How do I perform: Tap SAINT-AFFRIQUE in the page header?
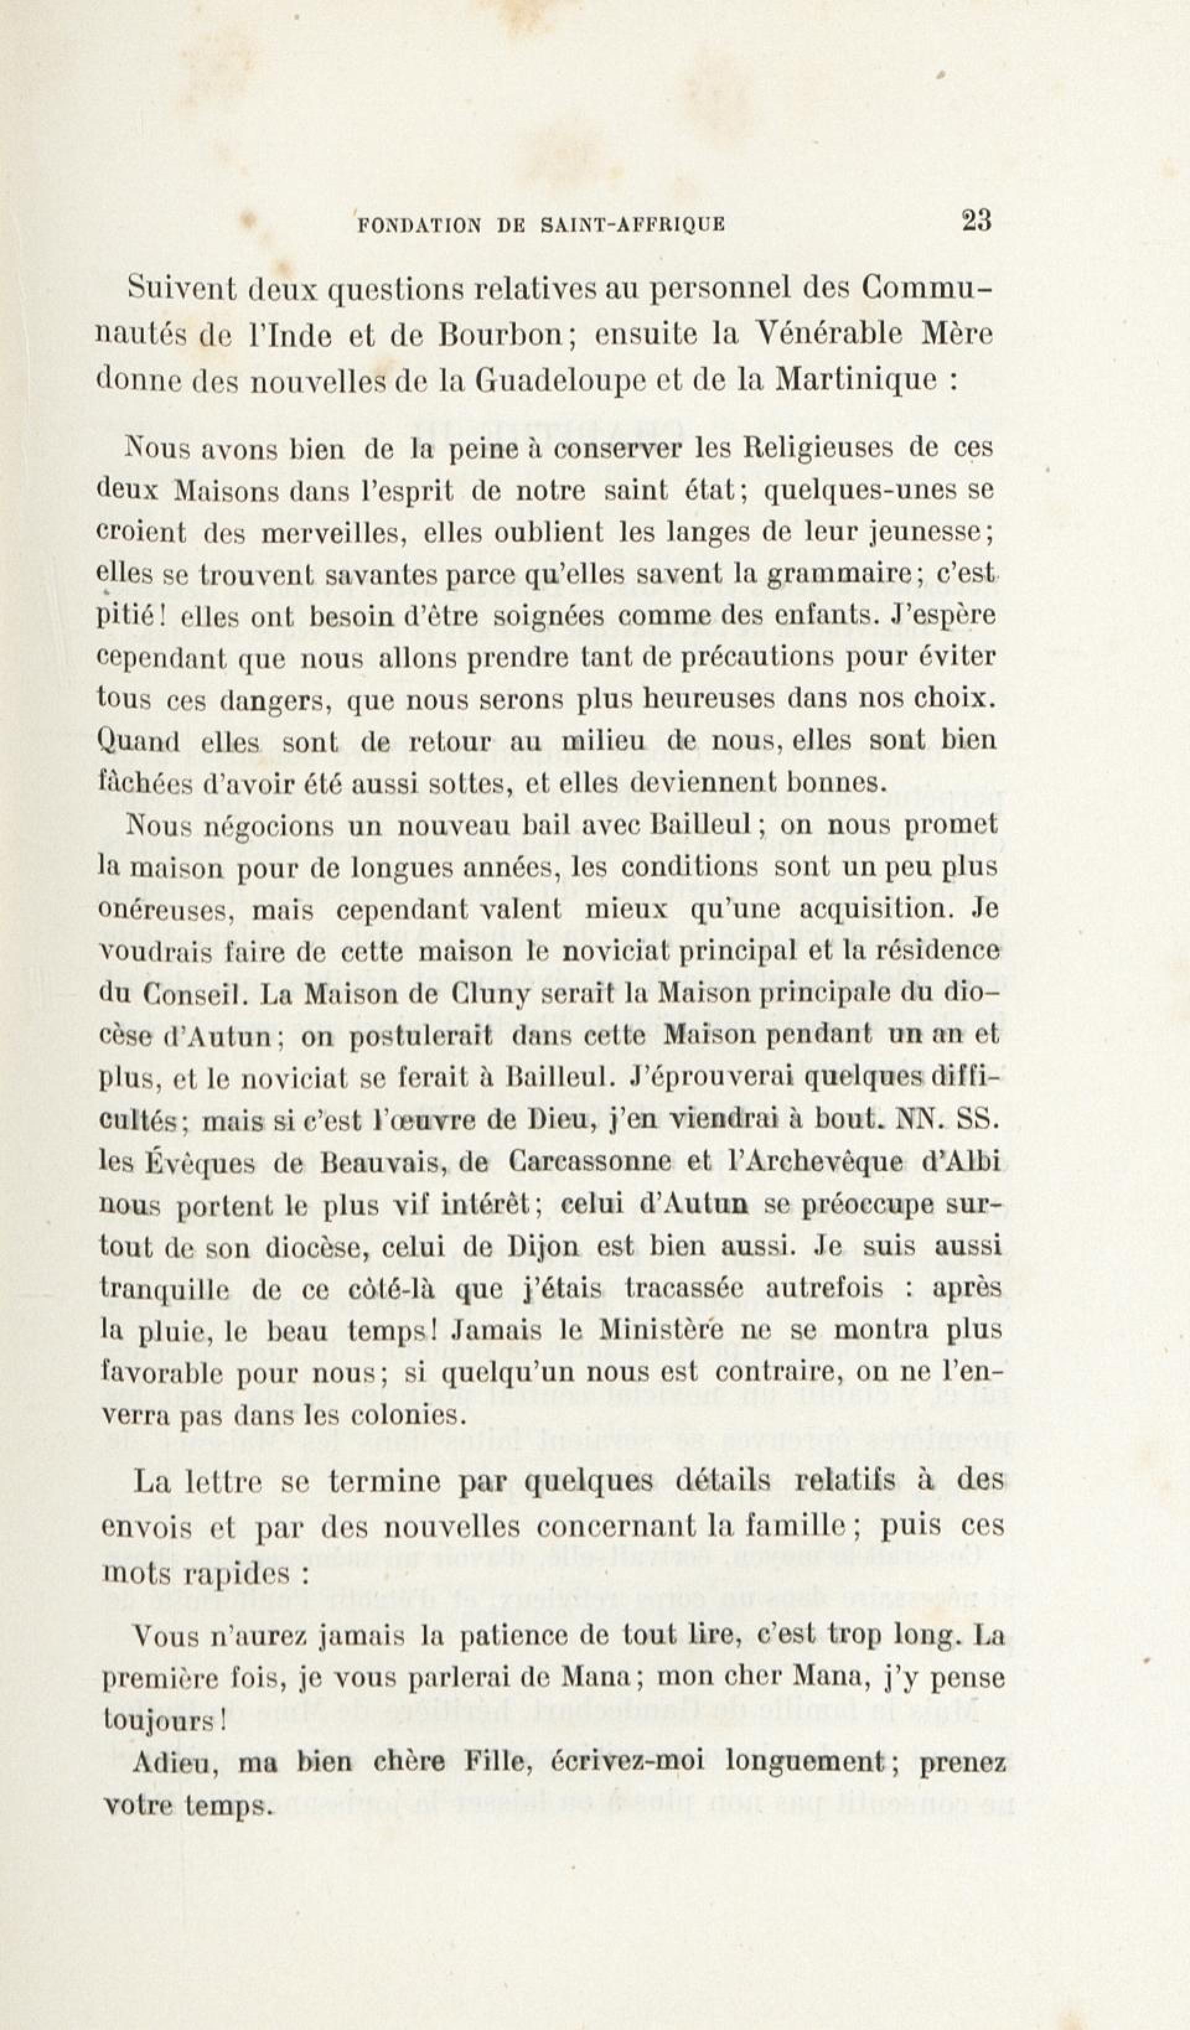632,226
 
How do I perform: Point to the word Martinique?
857,379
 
